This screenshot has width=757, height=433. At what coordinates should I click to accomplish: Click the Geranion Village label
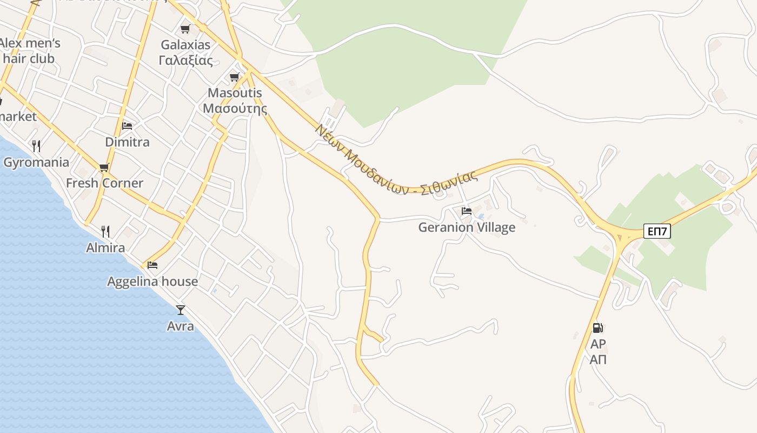click(467, 227)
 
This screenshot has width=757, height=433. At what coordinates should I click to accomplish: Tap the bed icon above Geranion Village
click(467, 211)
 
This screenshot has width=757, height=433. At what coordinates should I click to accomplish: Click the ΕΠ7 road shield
click(658, 232)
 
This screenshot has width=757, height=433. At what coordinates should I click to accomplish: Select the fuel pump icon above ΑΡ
click(597, 327)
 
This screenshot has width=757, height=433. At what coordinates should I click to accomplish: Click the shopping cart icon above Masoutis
click(235, 77)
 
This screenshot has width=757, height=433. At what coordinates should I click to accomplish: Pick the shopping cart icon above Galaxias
click(185, 29)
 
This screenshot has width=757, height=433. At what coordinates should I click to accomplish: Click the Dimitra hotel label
click(127, 142)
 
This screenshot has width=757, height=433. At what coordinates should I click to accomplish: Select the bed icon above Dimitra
click(127, 126)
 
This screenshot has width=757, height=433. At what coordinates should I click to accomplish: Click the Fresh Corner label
click(104, 183)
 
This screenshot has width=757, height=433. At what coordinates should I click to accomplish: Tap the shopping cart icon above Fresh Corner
click(104, 167)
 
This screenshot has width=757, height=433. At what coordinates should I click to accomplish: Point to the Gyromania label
click(36, 162)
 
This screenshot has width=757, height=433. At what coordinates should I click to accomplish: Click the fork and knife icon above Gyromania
click(36, 146)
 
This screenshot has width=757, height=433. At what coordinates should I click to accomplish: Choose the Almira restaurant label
click(105, 248)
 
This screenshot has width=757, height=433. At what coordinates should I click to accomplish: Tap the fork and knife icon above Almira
click(105, 232)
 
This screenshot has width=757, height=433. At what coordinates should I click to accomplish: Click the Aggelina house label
click(152, 281)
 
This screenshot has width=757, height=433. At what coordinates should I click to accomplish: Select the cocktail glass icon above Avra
click(181, 310)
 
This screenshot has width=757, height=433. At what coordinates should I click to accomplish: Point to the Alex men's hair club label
click(30, 51)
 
